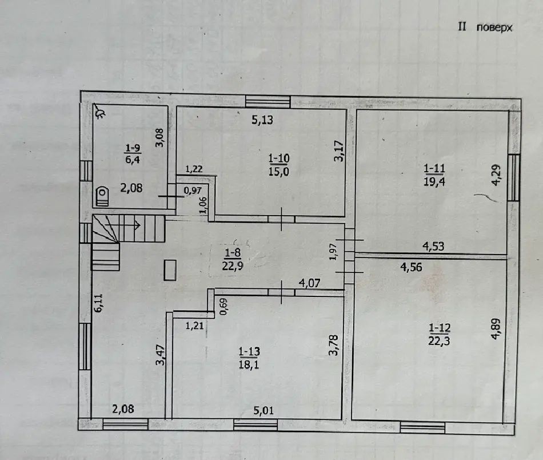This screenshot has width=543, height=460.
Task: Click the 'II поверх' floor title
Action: (485, 27)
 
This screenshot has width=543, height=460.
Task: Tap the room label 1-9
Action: (133, 148)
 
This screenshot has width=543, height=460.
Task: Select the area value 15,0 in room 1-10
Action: (279, 171)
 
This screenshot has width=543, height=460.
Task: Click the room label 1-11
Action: (434, 169)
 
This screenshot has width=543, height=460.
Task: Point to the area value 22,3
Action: (439, 341)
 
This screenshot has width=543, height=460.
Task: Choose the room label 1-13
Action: (249, 351)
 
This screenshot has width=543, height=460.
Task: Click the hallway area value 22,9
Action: (233, 266)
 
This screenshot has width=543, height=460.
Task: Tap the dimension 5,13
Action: (262, 120)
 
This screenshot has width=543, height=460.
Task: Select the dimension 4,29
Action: (496, 175)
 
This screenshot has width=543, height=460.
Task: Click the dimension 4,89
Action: (496, 329)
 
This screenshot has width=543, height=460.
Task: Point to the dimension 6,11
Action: (98, 303)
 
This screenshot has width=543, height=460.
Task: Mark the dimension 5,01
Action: (263, 411)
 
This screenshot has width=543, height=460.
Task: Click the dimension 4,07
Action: (309, 283)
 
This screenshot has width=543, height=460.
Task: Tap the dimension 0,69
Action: (223, 307)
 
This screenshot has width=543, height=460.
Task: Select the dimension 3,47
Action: (161, 354)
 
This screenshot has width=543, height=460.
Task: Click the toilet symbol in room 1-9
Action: (102, 197)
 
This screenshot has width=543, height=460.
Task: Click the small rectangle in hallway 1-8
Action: (170, 270)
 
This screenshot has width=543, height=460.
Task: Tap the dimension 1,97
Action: (333, 252)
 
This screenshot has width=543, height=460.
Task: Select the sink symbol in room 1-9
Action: (101, 111)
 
